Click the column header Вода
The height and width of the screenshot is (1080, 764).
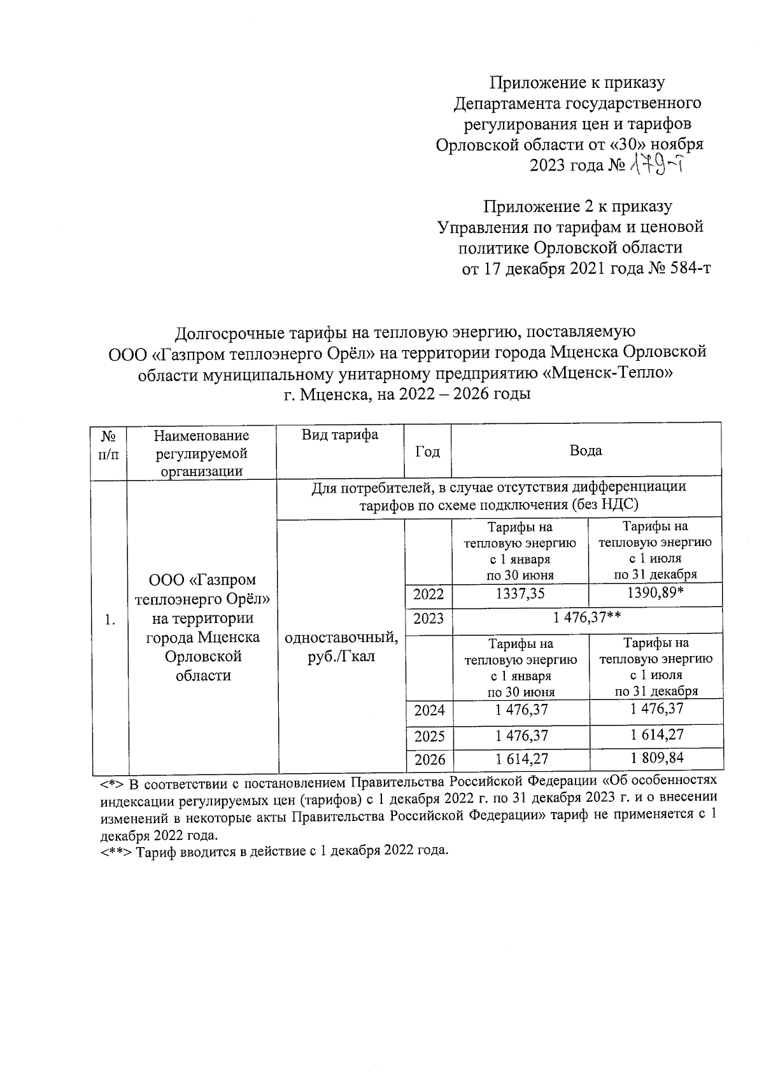[586, 451]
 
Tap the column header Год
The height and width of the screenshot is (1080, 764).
[427, 451]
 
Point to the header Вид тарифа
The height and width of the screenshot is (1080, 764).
[340, 435]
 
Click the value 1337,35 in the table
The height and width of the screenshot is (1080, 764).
[520, 594]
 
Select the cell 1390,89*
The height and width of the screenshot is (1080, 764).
[656, 594]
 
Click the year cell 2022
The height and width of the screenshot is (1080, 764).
[428, 595]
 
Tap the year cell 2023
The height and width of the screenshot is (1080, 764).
[428, 619]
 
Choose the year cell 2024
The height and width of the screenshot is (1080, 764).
[429, 710]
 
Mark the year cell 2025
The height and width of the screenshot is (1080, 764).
[429, 737]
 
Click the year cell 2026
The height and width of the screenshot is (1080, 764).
[429, 760]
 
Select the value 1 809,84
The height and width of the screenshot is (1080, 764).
[656, 758]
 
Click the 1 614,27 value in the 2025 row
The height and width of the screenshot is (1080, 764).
[656, 734]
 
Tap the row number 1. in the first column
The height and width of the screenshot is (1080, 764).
[110, 620]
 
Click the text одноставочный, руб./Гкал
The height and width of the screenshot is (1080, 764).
[342, 647]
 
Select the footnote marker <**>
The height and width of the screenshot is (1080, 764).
[115, 852]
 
